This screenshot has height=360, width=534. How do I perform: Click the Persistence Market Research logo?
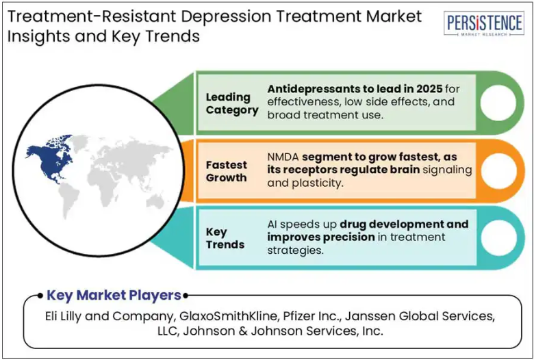point(483,23)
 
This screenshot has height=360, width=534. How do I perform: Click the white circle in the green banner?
point(498,103)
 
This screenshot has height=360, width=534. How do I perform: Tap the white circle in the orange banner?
point(498,170)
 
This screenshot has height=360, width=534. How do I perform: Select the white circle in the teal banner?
point(498,237)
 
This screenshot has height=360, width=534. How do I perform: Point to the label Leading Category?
point(232,103)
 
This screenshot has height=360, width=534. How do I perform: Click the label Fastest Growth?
point(226,171)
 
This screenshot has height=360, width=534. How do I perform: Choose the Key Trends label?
point(225,238)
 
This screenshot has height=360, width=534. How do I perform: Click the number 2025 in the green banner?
point(429,89)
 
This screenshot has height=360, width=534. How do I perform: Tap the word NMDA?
point(283,157)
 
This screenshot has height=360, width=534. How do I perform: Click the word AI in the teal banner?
point(271,224)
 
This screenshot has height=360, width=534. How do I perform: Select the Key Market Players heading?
point(114,295)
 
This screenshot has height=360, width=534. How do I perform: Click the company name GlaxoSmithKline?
point(228,316)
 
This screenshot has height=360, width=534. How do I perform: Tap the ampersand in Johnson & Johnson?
point(243,331)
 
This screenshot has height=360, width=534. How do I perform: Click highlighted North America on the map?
point(51,157)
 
